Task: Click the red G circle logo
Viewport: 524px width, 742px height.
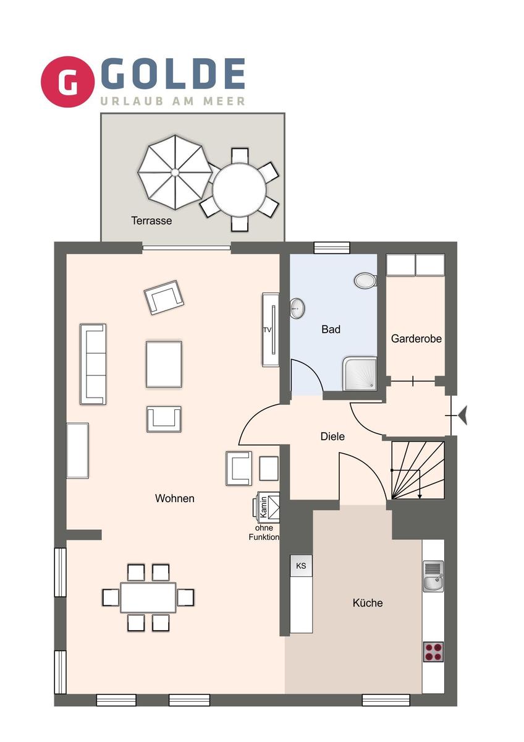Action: [x=68, y=82]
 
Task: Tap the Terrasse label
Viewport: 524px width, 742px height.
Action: [x=151, y=221]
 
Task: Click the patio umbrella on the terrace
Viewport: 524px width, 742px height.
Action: [x=175, y=172]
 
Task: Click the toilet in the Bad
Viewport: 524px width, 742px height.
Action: [x=365, y=281]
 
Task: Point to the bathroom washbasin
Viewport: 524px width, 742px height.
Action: [x=298, y=309]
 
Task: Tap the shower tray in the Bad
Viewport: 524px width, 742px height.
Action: [x=360, y=373]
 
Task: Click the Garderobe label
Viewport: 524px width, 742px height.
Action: [x=416, y=339]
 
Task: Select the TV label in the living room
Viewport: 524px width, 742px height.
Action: [x=267, y=330]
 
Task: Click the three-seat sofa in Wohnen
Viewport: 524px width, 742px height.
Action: [x=93, y=364]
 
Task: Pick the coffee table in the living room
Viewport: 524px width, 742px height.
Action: [x=164, y=364]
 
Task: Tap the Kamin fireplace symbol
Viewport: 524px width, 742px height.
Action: [x=266, y=508]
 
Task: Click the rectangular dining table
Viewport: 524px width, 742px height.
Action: [x=148, y=597]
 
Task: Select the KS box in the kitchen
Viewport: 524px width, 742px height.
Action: [x=301, y=566]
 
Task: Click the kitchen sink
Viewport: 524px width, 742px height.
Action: [x=433, y=576]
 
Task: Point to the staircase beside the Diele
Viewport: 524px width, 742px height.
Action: [x=418, y=471]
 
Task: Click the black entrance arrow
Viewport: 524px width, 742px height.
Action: [x=463, y=416]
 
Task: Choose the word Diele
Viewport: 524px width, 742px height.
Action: [x=332, y=437]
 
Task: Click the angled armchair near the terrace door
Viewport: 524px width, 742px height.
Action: [x=164, y=297]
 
